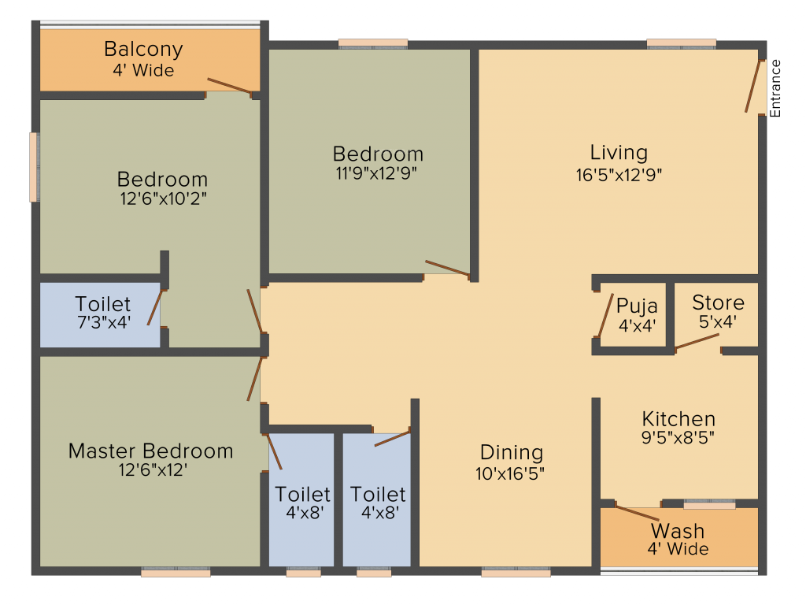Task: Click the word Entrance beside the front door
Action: pyautogui.click(x=775, y=88)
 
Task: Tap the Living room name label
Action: pyautogui.click(x=619, y=152)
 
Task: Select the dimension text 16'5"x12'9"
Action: pyautogui.click(x=619, y=175)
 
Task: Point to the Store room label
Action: pyautogui.click(x=718, y=302)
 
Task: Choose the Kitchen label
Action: pyautogui.click(x=678, y=419)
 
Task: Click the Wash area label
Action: pyautogui.click(x=678, y=530)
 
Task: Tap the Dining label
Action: pyautogui.click(x=512, y=453)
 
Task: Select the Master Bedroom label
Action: pyautogui.click(x=150, y=451)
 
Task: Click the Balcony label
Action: pyautogui.click(x=143, y=49)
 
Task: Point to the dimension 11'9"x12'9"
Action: pyautogui.click(x=378, y=174)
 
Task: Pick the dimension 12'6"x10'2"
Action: pyautogui.click(x=162, y=200)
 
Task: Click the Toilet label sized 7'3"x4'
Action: pyautogui.click(x=103, y=304)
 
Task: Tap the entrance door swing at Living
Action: pyautogui.click(x=754, y=85)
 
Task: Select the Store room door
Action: pyautogui.click(x=697, y=341)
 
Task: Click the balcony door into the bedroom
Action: pyautogui.click(x=230, y=87)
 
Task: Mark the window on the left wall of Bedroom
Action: pyautogui.click(x=34, y=167)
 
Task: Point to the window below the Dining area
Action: pyautogui.click(x=516, y=573)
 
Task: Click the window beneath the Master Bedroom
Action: pyautogui.click(x=176, y=573)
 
